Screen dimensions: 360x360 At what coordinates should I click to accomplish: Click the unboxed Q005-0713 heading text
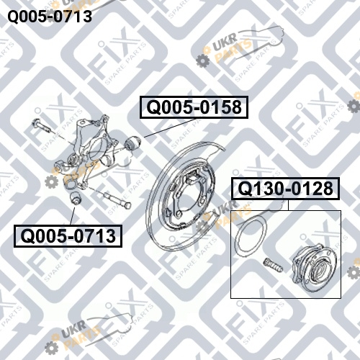click(x=50, y=17)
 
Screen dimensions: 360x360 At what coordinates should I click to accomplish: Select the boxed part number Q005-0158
click(x=194, y=107)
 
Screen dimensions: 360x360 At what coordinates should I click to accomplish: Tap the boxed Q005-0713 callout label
click(x=68, y=236)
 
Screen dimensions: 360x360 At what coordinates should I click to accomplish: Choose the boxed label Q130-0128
click(x=285, y=189)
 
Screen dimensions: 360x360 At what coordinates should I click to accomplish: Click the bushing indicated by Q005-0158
click(x=133, y=143)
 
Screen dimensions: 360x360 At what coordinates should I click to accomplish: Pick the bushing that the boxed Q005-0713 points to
click(x=76, y=198)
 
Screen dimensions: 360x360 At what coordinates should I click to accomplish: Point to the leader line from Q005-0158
click(x=169, y=128)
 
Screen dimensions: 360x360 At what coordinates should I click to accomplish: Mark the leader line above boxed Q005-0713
click(x=73, y=216)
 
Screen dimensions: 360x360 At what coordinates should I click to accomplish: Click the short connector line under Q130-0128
click(x=288, y=205)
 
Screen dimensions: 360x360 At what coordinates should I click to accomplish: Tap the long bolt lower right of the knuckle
click(x=117, y=199)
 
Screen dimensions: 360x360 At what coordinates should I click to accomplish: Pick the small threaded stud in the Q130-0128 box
click(x=273, y=265)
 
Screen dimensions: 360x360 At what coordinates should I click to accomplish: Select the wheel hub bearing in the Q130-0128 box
click(x=314, y=265)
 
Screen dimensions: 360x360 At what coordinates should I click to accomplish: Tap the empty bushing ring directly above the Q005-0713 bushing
click(x=70, y=182)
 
